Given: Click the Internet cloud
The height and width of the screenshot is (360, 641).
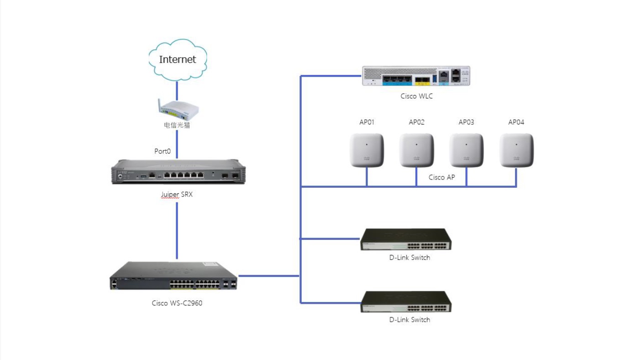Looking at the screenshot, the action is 178,60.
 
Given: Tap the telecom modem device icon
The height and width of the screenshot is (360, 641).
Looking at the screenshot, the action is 178,110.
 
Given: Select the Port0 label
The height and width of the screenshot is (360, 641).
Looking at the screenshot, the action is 162,151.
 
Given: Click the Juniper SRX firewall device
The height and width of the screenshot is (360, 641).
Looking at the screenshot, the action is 178,172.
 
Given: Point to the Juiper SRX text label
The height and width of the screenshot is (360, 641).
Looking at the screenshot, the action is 177,195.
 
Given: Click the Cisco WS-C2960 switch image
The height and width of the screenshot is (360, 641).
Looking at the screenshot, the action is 173,275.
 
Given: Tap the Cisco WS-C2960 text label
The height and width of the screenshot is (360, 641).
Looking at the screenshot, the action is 177,303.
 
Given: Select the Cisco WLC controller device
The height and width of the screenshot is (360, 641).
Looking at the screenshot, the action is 416,76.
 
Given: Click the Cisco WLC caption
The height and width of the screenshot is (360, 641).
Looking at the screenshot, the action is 416,96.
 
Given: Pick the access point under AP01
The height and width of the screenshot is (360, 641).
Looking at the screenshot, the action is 367,150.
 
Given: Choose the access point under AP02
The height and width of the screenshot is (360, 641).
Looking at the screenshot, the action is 416,150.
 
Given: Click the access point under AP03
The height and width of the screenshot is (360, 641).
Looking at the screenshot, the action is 466,150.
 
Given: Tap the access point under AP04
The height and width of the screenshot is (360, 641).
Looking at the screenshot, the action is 516,150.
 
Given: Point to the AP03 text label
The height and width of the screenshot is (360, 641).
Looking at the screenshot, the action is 466,122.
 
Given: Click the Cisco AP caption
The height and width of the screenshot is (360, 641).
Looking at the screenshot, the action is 441,177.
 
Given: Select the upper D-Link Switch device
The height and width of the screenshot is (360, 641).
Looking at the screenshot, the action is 406,239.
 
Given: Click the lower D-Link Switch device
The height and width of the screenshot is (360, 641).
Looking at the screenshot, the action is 406,302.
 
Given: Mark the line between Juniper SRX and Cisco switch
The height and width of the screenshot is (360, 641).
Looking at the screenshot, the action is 177,231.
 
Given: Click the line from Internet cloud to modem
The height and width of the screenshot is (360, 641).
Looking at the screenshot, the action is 177,90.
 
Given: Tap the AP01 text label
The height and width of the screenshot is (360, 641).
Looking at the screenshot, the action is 367,122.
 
